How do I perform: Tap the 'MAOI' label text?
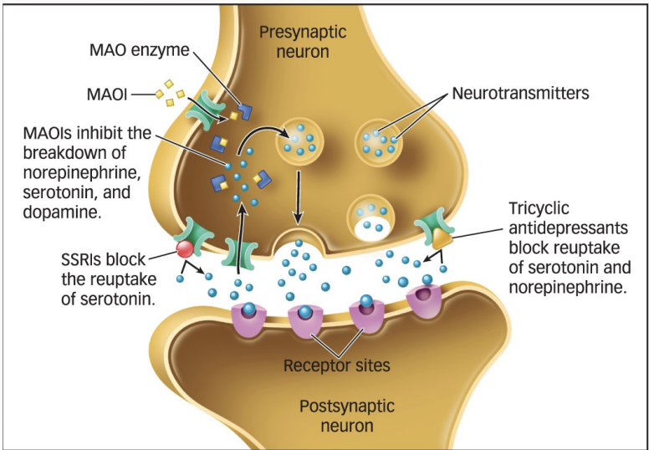(x=108, y=95)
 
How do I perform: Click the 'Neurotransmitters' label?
(x=520, y=93)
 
